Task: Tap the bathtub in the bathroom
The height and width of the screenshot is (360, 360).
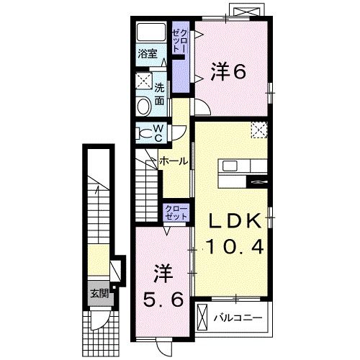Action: [150, 33]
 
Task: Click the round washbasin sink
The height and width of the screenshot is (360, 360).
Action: [143, 107]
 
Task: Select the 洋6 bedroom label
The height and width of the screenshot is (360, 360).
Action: [228, 71]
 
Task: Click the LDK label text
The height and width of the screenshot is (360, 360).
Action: [233, 220]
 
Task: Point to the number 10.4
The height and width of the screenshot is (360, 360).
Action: [233, 247]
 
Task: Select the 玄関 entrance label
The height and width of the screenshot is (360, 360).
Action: [99, 293]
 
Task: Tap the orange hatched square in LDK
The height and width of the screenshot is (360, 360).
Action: [258, 129]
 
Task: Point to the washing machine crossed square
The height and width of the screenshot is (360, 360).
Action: [144, 81]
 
